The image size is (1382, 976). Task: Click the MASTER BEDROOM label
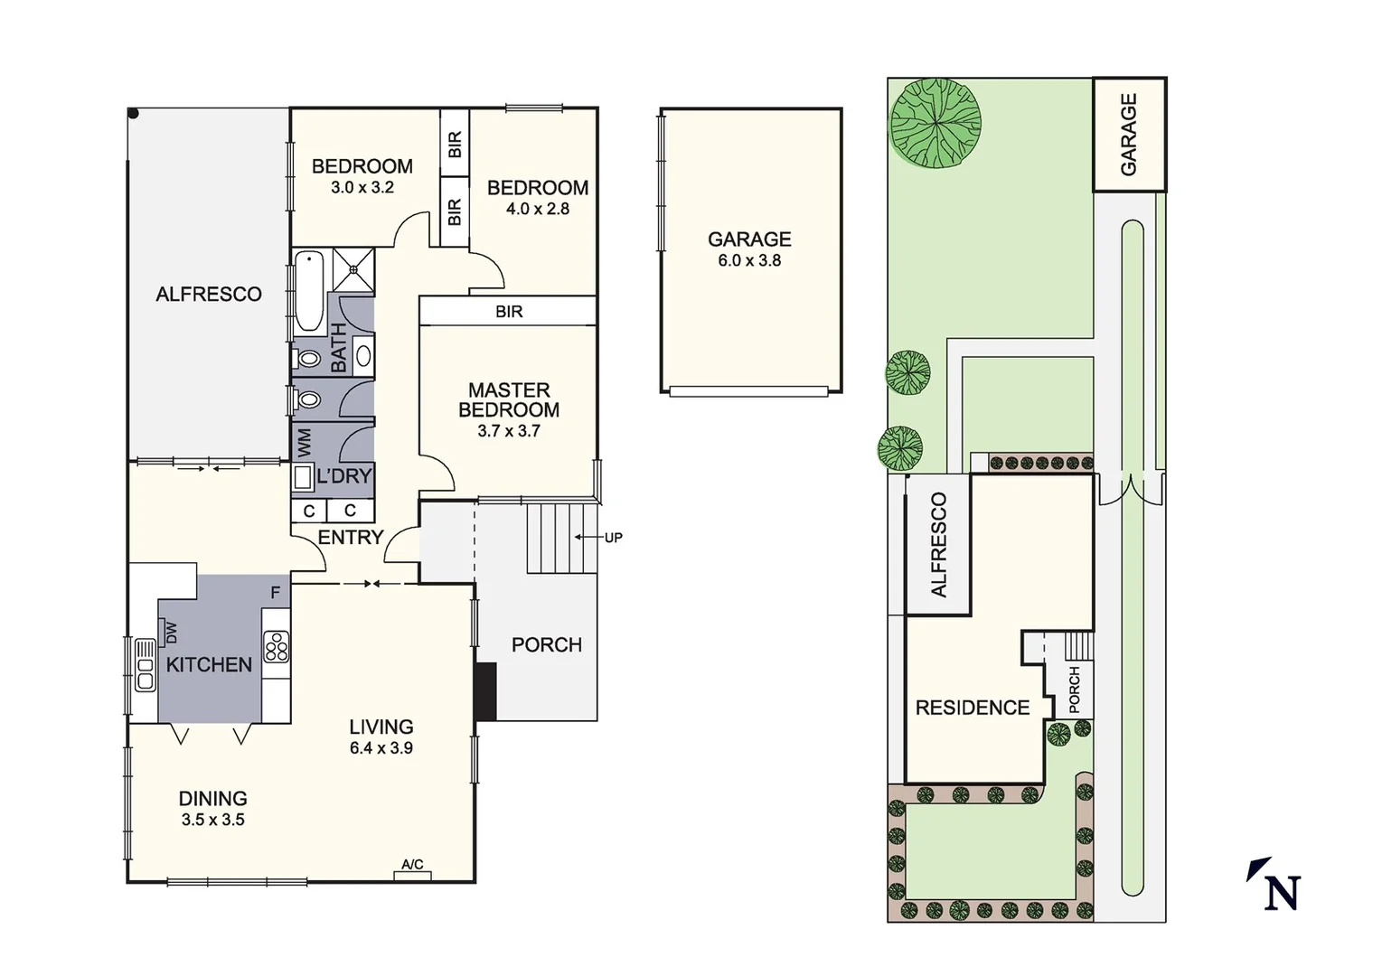pos(509,400)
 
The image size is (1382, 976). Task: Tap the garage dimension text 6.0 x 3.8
pos(749,261)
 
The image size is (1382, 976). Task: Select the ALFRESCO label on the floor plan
pos(209,294)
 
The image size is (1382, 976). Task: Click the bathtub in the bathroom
pos(309,291)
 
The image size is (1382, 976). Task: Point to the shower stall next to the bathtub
pos(353,268)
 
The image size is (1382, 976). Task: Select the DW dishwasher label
pos(172,633)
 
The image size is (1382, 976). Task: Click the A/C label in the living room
pos(412,865)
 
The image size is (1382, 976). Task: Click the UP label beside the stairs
pos(613,538)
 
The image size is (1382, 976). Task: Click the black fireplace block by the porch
pos(486,691)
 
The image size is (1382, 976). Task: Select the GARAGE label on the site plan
pos(1128,134)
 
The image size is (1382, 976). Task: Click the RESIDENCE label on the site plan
pos(973,708)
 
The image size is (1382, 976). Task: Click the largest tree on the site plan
pos(935,123)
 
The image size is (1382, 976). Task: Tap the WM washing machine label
pos(304,443)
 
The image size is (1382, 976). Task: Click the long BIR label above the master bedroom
pos(509,312)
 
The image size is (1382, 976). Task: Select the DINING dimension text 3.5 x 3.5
pos(212,821)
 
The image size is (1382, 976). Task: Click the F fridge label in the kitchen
pos(276,593)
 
